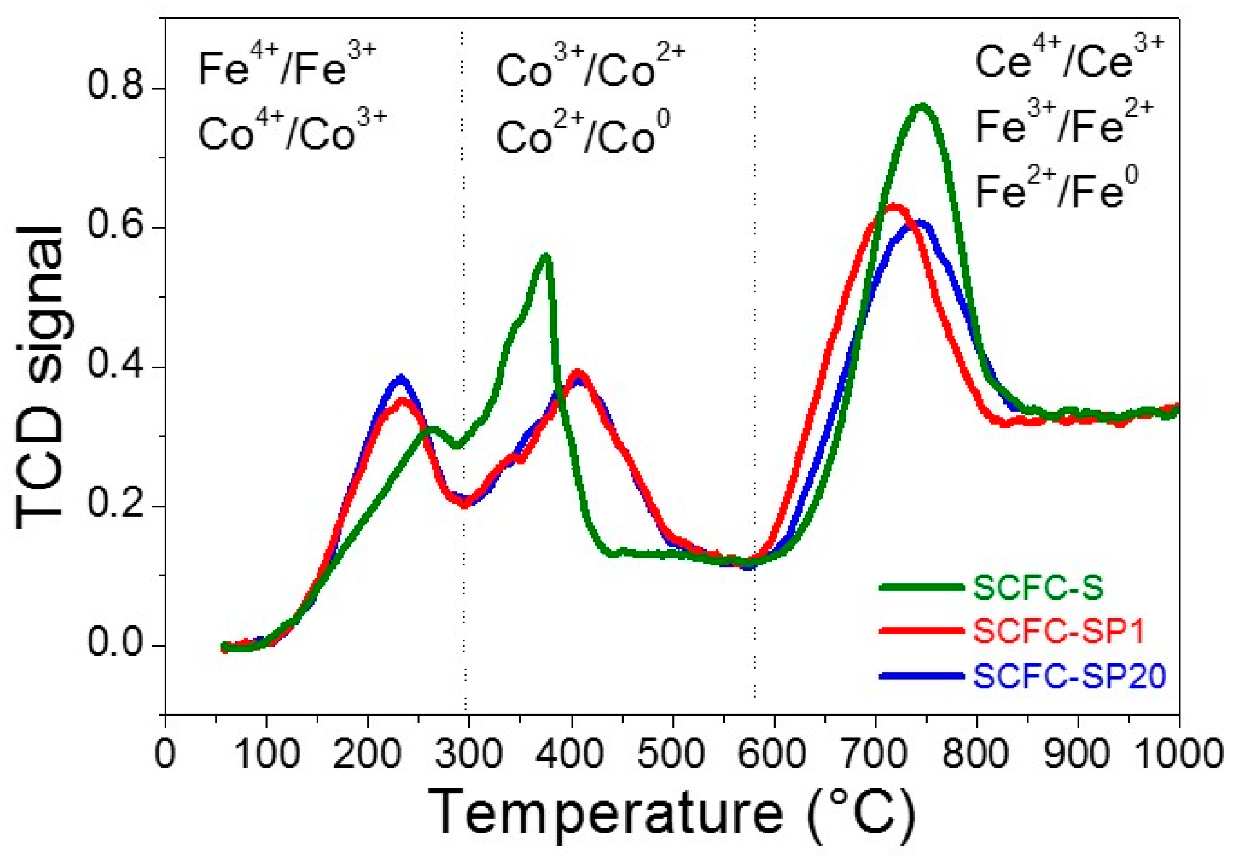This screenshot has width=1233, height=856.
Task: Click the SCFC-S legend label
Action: click(x=1038, y=587)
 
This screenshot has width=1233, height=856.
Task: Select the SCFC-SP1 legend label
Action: click(x=1059, y=631)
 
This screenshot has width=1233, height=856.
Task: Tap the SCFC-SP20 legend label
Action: click(x=1070, y=676)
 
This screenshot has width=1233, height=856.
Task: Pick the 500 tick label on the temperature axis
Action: click(x=671, y=754)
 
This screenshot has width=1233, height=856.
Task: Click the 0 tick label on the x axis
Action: click(x=166, y=754)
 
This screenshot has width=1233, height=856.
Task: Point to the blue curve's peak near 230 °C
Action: click(x=401, y=378)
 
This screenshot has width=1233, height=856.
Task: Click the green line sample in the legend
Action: click(x=922, y=587)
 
